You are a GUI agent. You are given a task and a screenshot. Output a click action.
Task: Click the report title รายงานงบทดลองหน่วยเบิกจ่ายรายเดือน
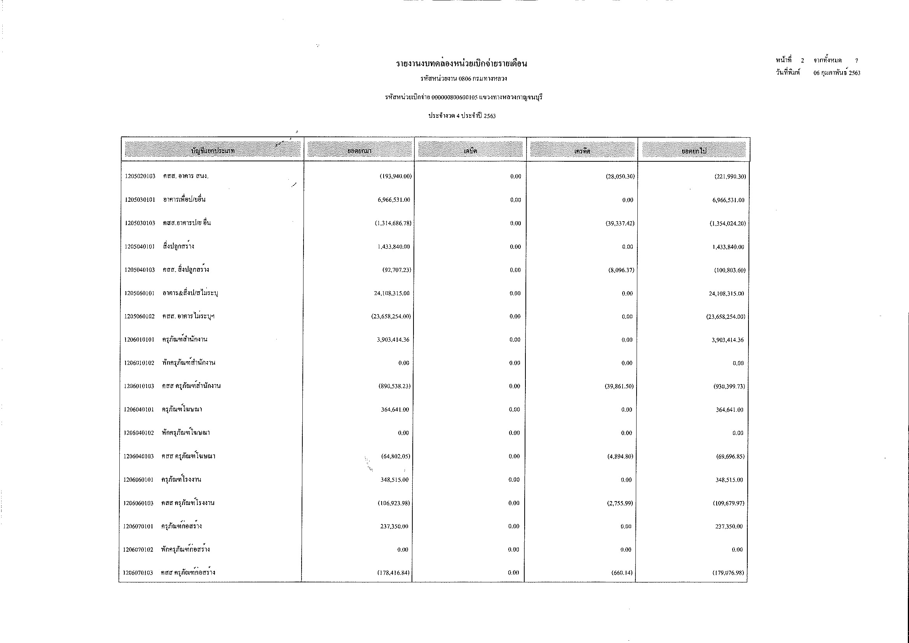(462, 63)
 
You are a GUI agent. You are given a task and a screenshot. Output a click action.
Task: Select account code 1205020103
(140, 176)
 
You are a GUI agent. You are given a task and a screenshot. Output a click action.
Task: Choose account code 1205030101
(140, 199)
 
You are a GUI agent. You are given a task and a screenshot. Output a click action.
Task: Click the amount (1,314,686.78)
(393, 223)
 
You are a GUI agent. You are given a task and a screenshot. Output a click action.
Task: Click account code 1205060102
(139, 316)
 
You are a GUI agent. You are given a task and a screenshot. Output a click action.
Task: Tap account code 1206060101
(138, 479)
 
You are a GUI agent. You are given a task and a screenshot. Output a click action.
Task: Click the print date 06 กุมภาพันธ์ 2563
(837, 73)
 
